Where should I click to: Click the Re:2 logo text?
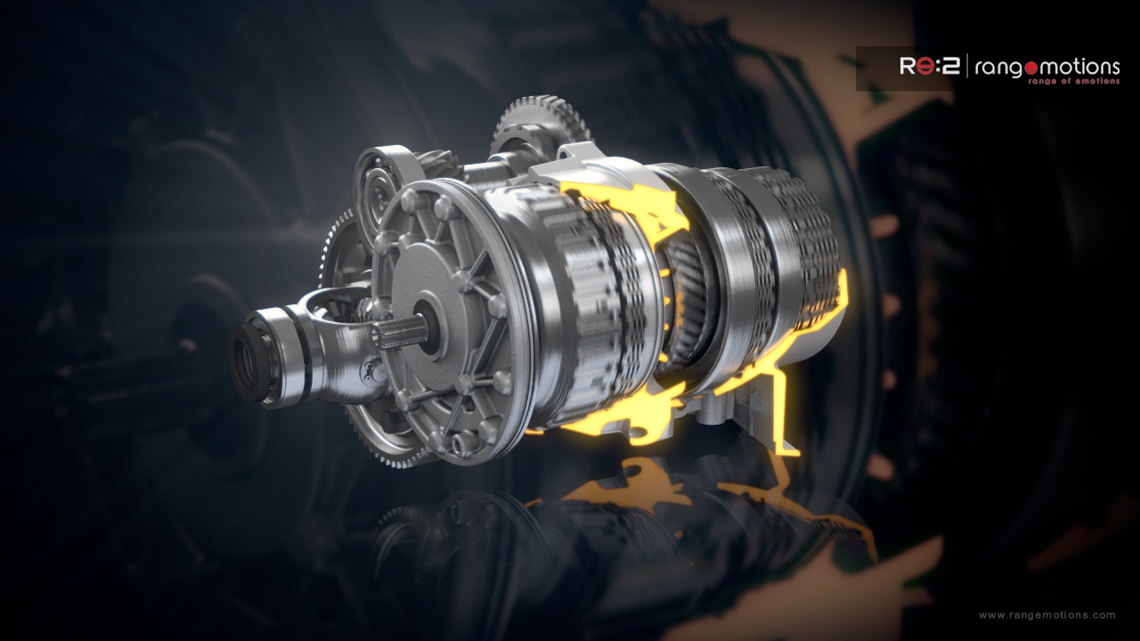(929, 66)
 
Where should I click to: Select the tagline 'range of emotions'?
(1073, 81)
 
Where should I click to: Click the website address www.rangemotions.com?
(1046, 615)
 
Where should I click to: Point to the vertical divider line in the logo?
(966, 67)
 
